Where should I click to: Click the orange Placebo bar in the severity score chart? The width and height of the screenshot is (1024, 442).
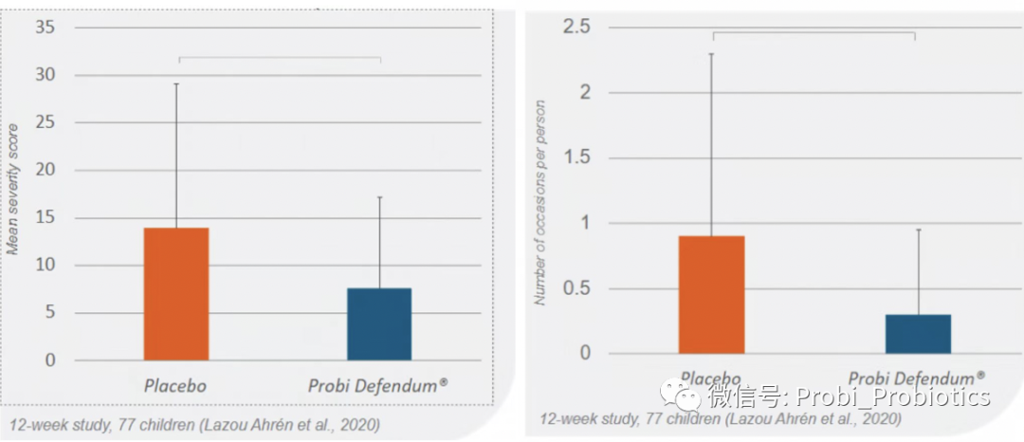pyautogui.click(x=176, y=294)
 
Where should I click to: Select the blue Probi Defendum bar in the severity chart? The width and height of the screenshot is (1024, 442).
pyautogui.click(x=379, y=324)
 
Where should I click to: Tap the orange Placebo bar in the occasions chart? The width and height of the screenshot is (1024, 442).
pyautogui.click(x=711, y=294)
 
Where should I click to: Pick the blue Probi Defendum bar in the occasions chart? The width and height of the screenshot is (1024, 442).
pyautogui.click(x=918, y=334)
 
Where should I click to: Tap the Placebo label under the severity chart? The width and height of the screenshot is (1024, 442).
pyautogui.click(x=175, y=386)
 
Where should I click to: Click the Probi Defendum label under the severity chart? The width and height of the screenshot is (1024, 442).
pyautogui.click(x=377, y=386)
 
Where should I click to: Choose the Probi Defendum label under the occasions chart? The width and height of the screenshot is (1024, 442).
pyautogui.click(x=916, y=377)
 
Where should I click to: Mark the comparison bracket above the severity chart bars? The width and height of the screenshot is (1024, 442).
pyautogui.click(x=280, y=58)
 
